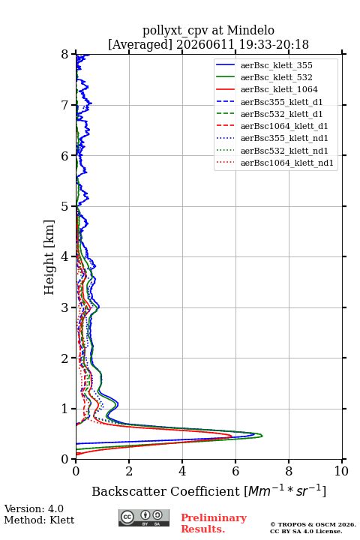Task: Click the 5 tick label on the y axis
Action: coord(64,206)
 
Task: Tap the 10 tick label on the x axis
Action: coord(341,471)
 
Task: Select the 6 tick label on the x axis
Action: coord(235,471)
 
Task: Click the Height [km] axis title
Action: coord(49,257)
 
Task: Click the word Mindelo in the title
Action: coord(250,30)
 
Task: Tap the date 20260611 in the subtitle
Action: coord(205,44)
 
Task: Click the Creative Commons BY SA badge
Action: coord(144,517)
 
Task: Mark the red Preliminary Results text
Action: coord(214,523)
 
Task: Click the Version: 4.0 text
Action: coord(34,508)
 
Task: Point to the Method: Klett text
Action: coord(39,520)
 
